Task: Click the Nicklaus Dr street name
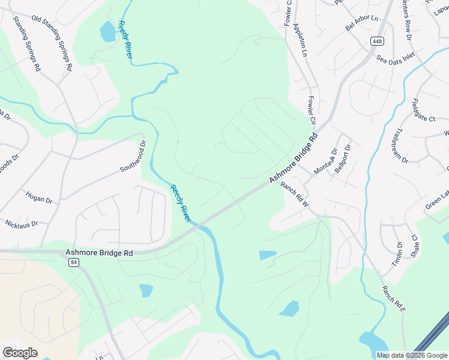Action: [x=22, y=224]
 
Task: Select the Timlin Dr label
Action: [x=397, y=253]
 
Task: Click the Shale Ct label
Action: [x=414, y=245]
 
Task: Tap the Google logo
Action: [x=20, y=353]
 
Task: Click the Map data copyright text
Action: [x=412, y=355]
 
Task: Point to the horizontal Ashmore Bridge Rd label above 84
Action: [x=99, y=253]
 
